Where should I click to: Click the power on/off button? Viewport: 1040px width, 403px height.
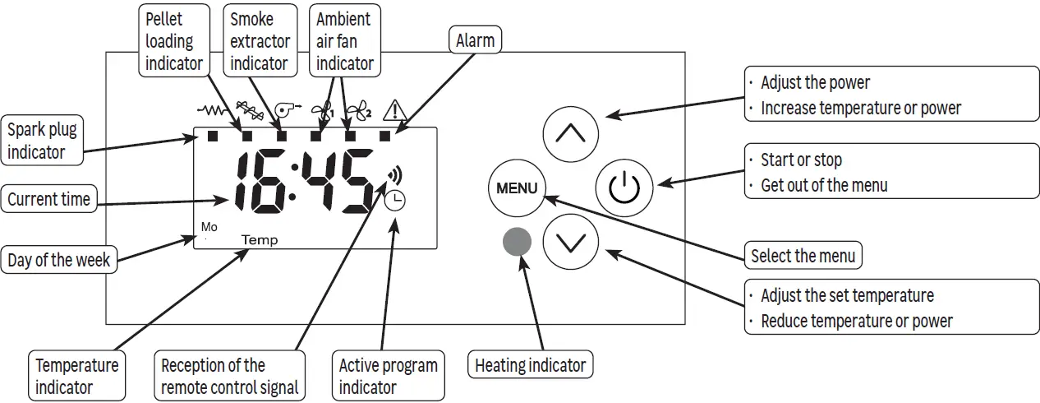click(x=624, y=188)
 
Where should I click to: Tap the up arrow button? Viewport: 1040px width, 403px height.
click(x=571, y=134)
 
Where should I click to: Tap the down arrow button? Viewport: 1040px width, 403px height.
click(x=571, y=242)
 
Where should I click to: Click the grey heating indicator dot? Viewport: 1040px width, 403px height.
click(x=517, y=242)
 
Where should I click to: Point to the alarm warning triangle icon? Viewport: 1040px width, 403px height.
click(x=395, y=111)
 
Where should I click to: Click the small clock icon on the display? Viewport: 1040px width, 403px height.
click(x=395, y=201)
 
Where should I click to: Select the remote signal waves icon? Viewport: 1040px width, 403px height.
click(x=395, y=175)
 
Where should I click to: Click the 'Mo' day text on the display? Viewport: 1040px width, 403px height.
click(x=209, y=227)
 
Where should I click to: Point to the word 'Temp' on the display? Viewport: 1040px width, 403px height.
click(x=260, y=240)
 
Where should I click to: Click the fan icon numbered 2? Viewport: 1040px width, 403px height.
click(x=359, y=111)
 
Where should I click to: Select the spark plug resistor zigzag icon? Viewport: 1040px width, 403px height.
click(x=213, y=111)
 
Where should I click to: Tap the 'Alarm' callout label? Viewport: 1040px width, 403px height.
click(x=475, y=40)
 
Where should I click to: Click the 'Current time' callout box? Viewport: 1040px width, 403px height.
click(x=48, y=199)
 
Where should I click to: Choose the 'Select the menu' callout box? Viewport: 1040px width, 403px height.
click(x=803, y=255)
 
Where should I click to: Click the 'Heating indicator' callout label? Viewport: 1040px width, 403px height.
click(x=530, y=365)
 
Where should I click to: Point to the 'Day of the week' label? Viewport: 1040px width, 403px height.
click(x=59, y=260)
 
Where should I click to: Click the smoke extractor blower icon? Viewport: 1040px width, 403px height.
click(x=288, y=110)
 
